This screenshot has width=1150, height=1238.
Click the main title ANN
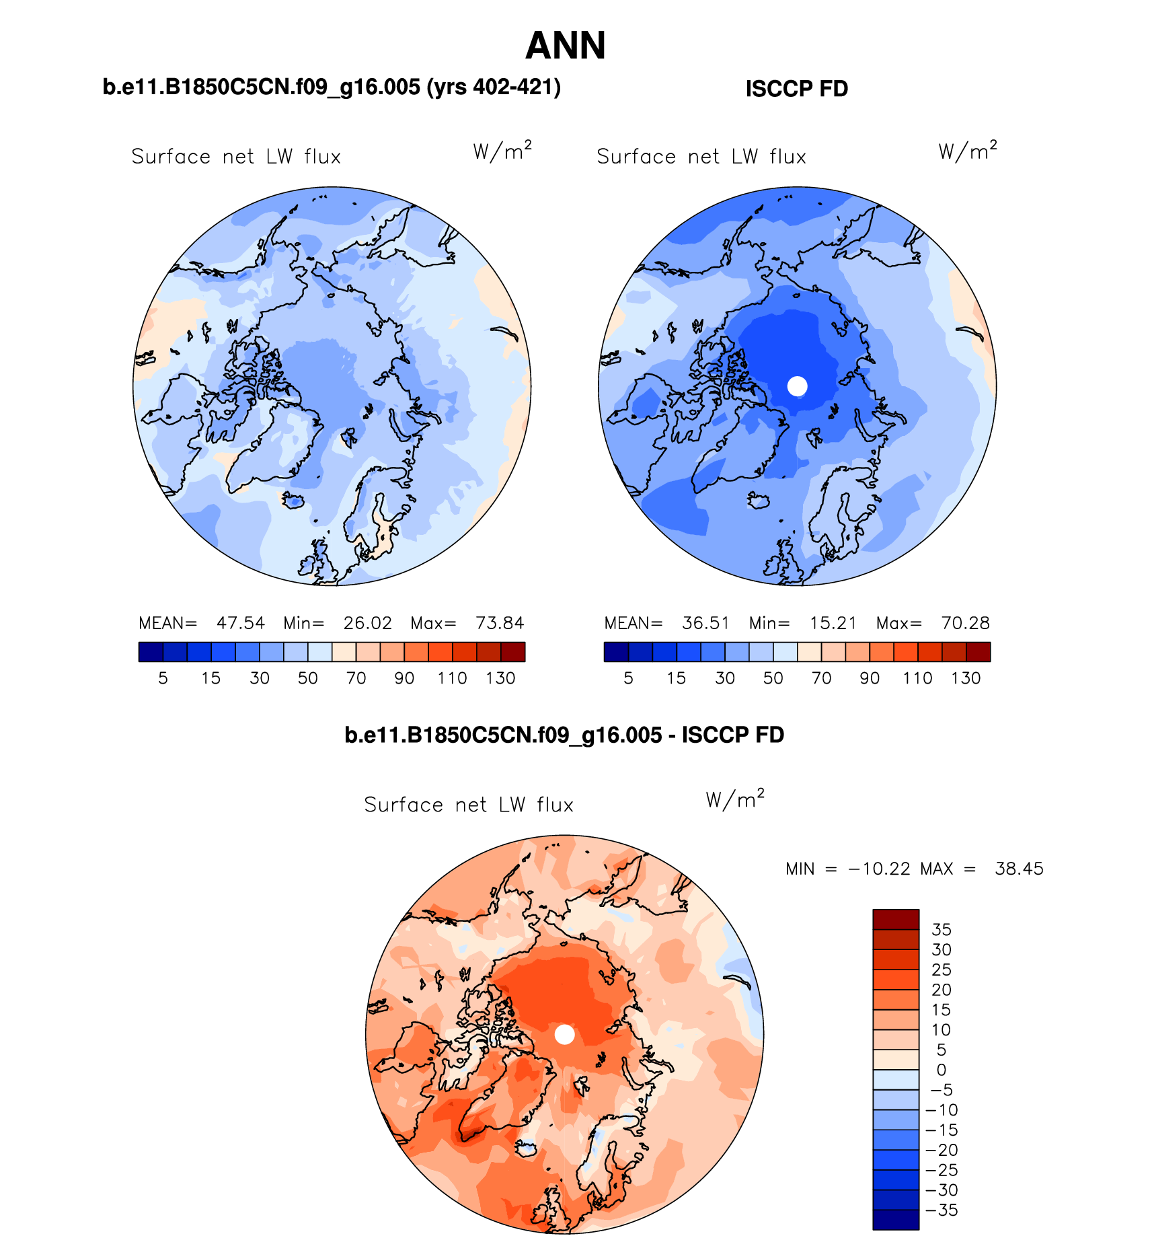click(x=566, y=46)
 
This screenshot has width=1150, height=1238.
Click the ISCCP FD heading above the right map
click(x=797, y=89)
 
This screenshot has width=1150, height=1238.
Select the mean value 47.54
click(x=240, y=623)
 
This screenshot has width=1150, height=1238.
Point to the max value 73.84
click(x=500, y=623)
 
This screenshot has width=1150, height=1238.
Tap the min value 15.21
click(x=833, y=623)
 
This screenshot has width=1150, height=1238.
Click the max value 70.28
click(x=965, y=623)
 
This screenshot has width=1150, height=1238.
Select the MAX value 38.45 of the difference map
click(x=1019, y=869)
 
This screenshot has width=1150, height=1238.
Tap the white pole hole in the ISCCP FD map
click(x=797, y=386)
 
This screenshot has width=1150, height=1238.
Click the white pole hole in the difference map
click(x=565, y=1035)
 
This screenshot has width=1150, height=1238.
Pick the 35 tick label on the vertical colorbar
click(x=942, y=930)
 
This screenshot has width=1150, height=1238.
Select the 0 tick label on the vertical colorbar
click(x=942, y=1070)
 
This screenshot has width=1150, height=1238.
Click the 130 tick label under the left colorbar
click(x=500, y=678)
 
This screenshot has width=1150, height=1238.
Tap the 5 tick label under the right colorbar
click(x=628, y=678)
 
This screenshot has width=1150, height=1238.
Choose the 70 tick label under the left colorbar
click(x=356, y=678)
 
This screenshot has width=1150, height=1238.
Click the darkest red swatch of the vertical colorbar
click(x=896, y=919)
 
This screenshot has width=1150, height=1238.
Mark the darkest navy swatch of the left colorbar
click(x=151, y=652)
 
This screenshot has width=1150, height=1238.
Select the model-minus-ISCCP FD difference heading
click(x=564, y=735)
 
